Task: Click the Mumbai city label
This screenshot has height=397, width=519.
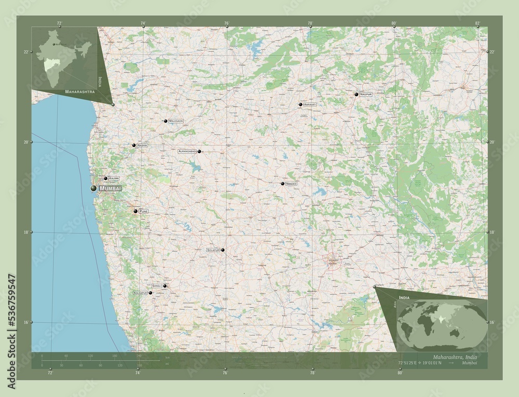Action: point(110,188)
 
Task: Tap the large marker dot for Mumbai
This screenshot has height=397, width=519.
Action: point(93,188)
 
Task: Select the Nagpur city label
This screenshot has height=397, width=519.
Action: point(366,94)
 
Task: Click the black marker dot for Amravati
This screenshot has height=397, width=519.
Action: point(300,105)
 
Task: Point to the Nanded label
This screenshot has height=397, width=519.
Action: point(291,184)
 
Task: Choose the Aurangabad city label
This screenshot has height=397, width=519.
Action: point(187,151)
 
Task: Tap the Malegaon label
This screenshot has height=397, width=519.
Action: point(176,121)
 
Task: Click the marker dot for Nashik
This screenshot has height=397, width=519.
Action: point(133,145)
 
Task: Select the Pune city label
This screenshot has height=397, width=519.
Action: point(144,211)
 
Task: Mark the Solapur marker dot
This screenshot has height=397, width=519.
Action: point(223,250)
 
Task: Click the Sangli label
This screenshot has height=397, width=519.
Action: point(156,286)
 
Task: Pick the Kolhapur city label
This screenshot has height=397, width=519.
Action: point(140,293)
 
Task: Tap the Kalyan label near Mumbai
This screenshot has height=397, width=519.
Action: point(114,178)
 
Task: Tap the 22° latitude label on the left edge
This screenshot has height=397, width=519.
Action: point(26,51)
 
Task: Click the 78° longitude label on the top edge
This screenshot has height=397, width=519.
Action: point(310,23)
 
